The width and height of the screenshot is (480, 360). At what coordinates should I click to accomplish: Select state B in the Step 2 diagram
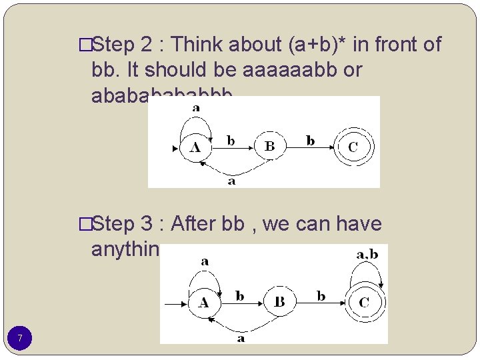[269, 147]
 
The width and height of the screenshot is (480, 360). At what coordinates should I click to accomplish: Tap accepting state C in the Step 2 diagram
[353, 147]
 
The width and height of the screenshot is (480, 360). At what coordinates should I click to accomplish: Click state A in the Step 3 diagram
[203, 303]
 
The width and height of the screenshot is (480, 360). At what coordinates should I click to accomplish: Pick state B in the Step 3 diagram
[279, 303]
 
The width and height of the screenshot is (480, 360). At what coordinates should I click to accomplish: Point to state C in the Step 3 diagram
[364, 303]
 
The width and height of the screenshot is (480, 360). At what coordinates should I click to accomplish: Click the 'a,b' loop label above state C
[367, 254]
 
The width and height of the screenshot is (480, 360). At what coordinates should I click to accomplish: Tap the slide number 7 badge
[20, 339]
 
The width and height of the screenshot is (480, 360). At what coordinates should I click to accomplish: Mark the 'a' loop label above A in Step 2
[196, 107]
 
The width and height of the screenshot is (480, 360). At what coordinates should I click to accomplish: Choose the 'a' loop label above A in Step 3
[204, 261]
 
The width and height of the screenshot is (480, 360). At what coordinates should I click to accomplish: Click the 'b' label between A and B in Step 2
[231, 141]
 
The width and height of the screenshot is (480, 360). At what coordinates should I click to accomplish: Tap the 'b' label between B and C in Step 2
[310, 141]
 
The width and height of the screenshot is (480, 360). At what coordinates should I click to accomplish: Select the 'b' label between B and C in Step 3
[321, 296]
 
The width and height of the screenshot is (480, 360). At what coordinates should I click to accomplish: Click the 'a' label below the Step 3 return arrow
[241, 338]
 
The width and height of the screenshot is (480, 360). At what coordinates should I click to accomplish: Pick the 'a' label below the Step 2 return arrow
[231, 181]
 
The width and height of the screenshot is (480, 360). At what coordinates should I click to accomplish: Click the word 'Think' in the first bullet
[198, 45]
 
